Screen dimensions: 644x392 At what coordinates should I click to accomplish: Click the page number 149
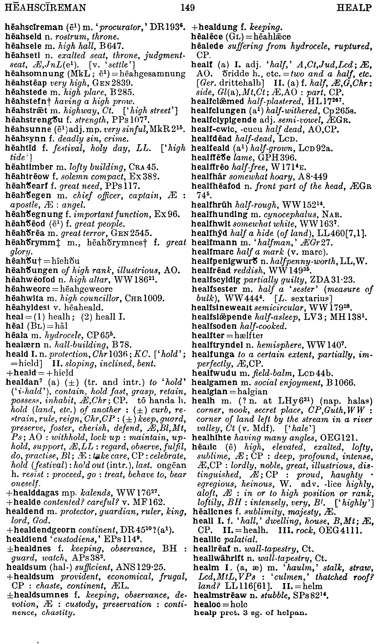tap(187, 8)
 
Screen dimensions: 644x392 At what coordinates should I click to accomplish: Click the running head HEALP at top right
tap(354, 8)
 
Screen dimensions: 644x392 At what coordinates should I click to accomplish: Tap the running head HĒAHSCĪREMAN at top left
tap(45, 7)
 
